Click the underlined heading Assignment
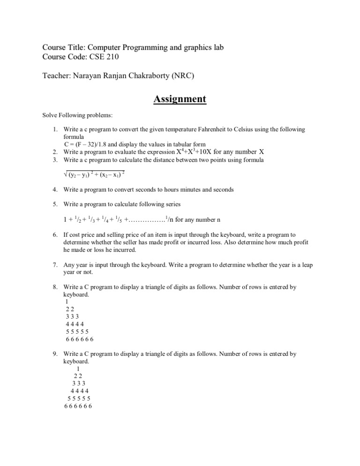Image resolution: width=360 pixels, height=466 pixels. pos(180,99)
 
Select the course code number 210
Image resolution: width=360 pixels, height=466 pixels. pos(111,57)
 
